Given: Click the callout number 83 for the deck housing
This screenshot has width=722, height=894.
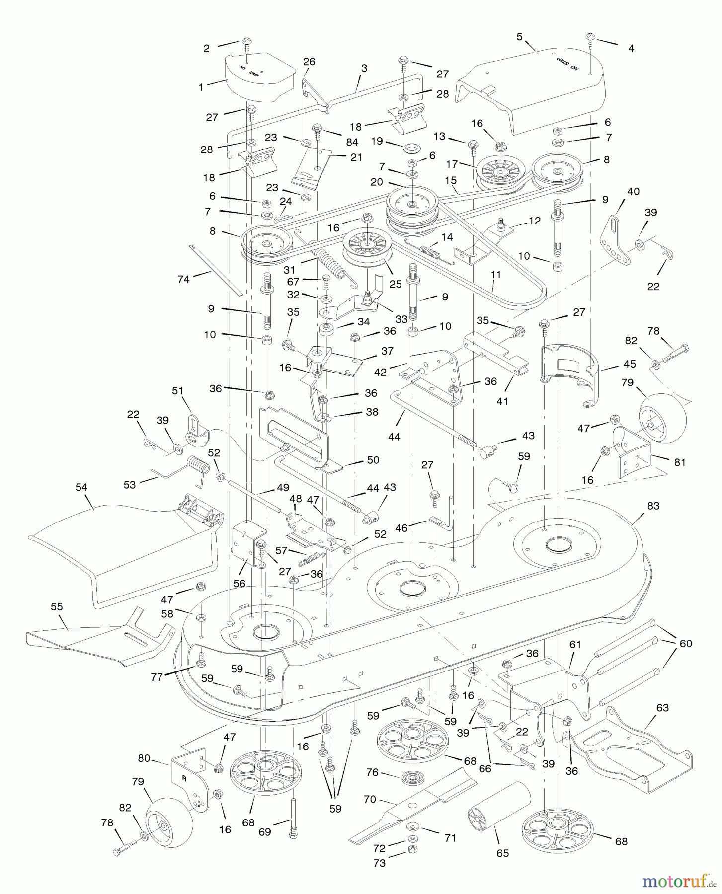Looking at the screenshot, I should [653, 506].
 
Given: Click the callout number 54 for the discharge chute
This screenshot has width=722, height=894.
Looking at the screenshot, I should [81, 488].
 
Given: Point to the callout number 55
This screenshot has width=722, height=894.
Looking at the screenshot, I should [57, 607].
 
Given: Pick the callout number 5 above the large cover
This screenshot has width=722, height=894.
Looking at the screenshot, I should [519, 37].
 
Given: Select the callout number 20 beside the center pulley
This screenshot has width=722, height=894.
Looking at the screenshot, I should [377, 182].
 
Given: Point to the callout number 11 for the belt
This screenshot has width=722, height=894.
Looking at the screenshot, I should [495, 274].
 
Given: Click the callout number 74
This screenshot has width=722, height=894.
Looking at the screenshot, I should [183, 280].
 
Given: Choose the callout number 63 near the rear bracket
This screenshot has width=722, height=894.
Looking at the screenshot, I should [662, 707].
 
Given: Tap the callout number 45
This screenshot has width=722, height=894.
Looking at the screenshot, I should [630, 364].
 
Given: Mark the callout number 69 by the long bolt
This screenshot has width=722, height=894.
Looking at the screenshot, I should [265, 832].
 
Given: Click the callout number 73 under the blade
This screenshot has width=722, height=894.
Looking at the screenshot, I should [379, 863].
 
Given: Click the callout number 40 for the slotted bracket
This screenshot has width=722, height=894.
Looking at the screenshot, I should [633, 191].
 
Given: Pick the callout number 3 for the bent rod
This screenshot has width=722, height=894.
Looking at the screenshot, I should [364, 68].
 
